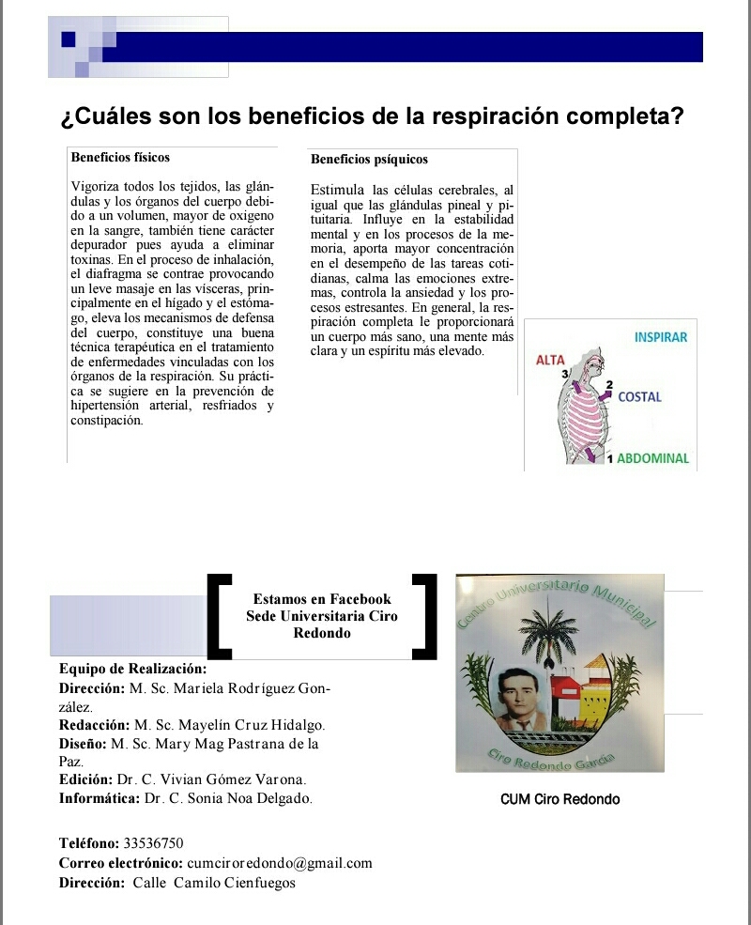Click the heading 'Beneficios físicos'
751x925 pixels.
(x=120, y=157)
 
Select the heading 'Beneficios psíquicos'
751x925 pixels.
(x=369, y=160)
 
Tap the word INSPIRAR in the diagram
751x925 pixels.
(x=661, y=337)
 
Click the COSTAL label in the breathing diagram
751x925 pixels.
(x=639, y=397)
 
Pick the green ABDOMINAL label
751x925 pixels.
(x=653, y=459)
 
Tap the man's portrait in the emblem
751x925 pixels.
(x=513, y=700)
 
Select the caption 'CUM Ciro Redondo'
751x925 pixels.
(x=560, y=800)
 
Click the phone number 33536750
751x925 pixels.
(x=153, y=842)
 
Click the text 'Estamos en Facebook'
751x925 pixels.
(x=322, y=599)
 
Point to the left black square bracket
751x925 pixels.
(x=217, y=614)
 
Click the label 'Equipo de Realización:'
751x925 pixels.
(x=132, y=669)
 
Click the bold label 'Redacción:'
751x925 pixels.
(x=94, y=725)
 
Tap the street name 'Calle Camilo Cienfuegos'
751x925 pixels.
(x=214, y=883)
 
